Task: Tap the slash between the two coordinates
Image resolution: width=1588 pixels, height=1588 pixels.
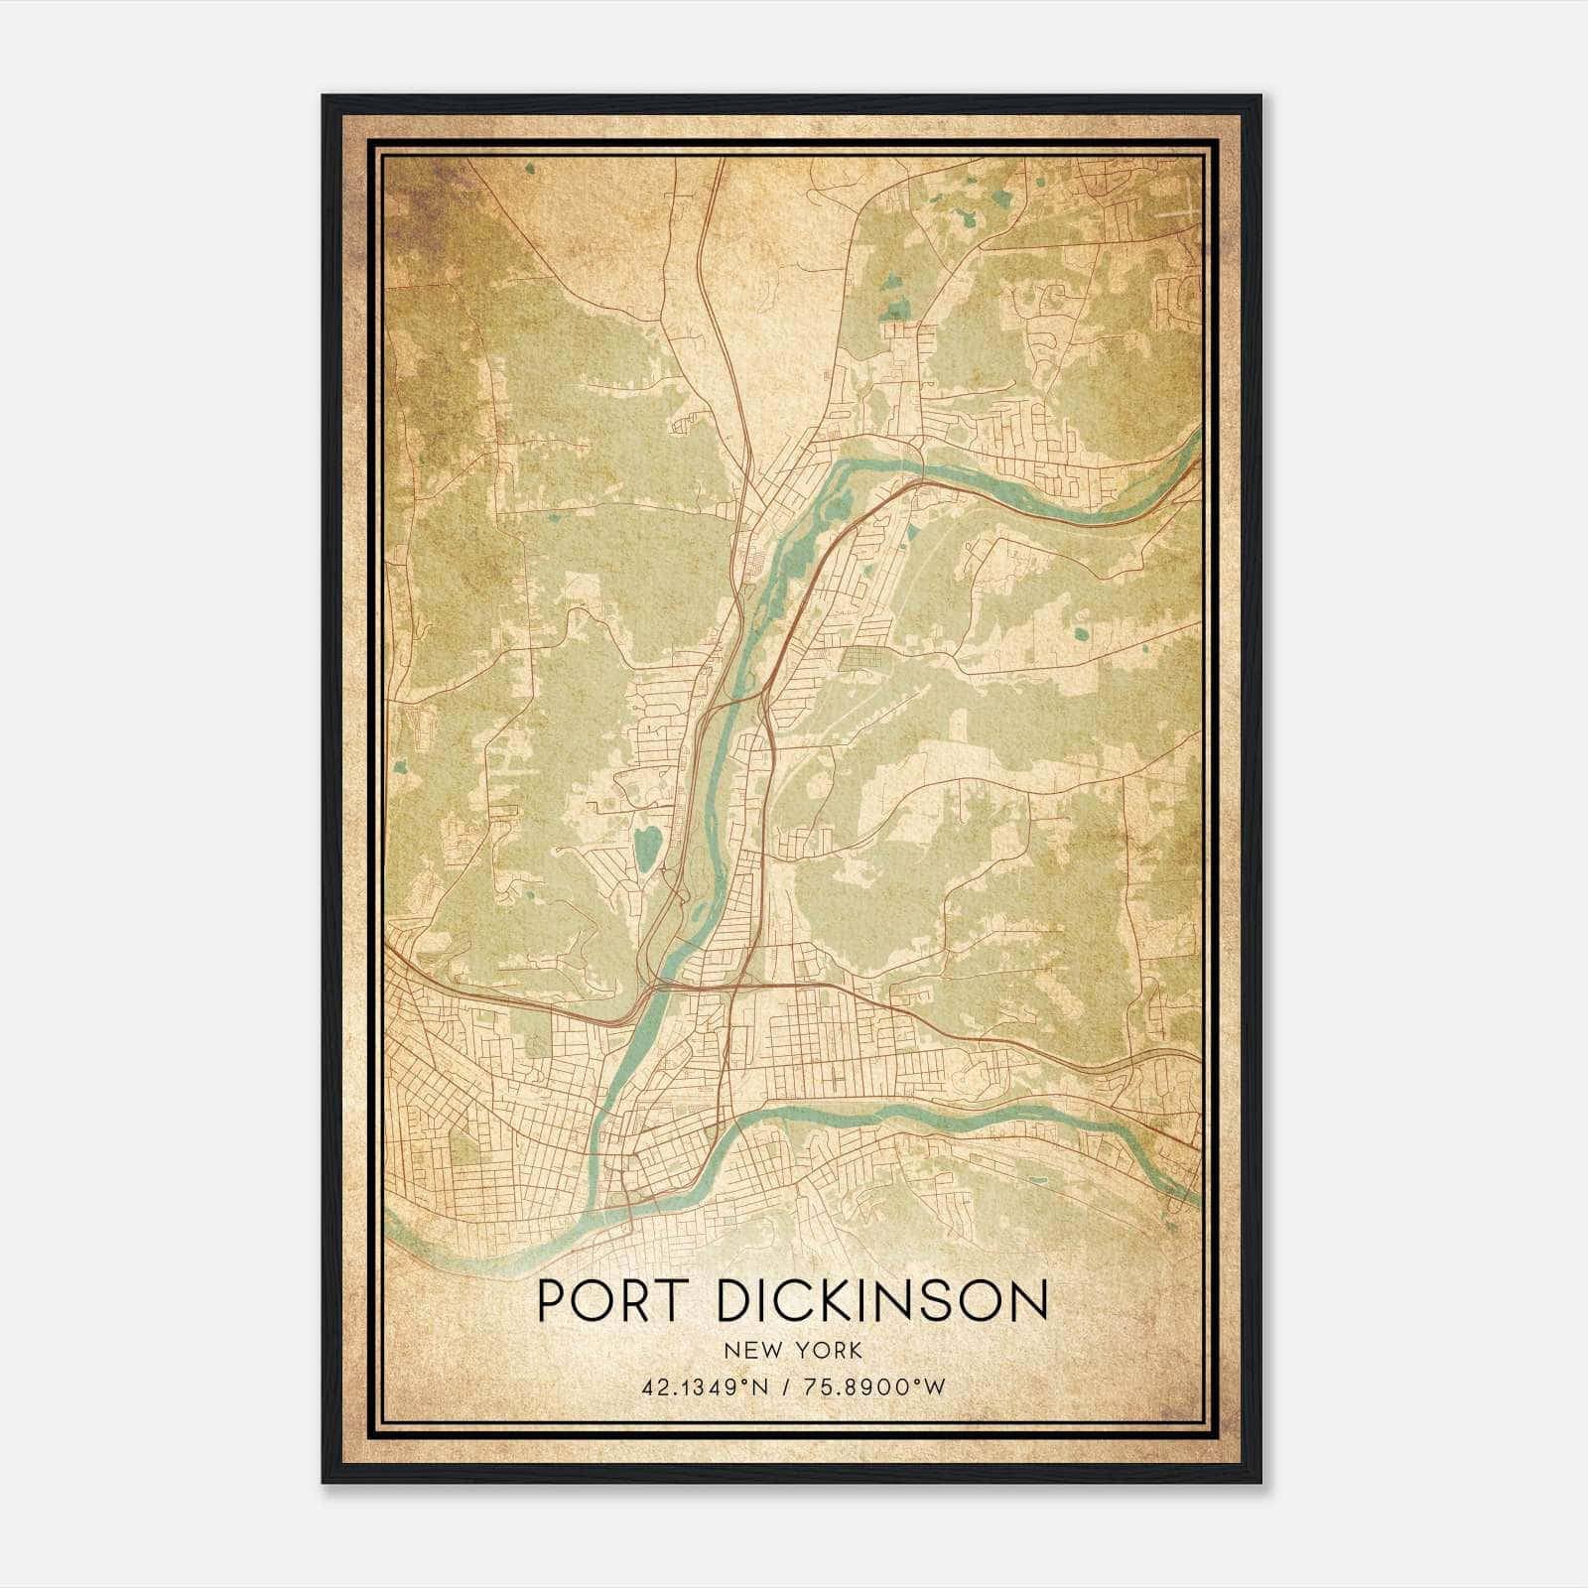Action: click(785, 1388)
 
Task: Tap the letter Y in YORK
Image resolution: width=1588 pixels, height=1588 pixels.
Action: click(801, 1351)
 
